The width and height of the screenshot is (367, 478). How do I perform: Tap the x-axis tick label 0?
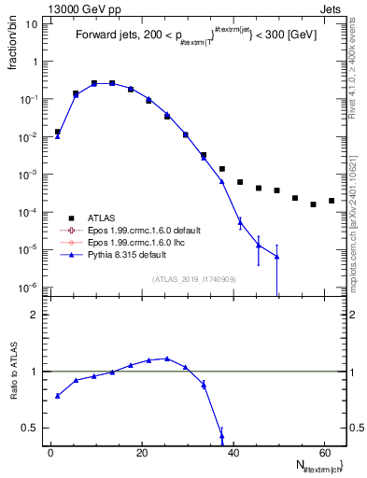pos(50,452)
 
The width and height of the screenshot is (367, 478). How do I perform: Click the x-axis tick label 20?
pos(142,452)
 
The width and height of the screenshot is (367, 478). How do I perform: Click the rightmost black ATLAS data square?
pos(332,201)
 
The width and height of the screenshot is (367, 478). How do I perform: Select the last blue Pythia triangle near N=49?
pos(276,257)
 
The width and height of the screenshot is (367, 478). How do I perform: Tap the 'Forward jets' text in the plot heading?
pos(108,36)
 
